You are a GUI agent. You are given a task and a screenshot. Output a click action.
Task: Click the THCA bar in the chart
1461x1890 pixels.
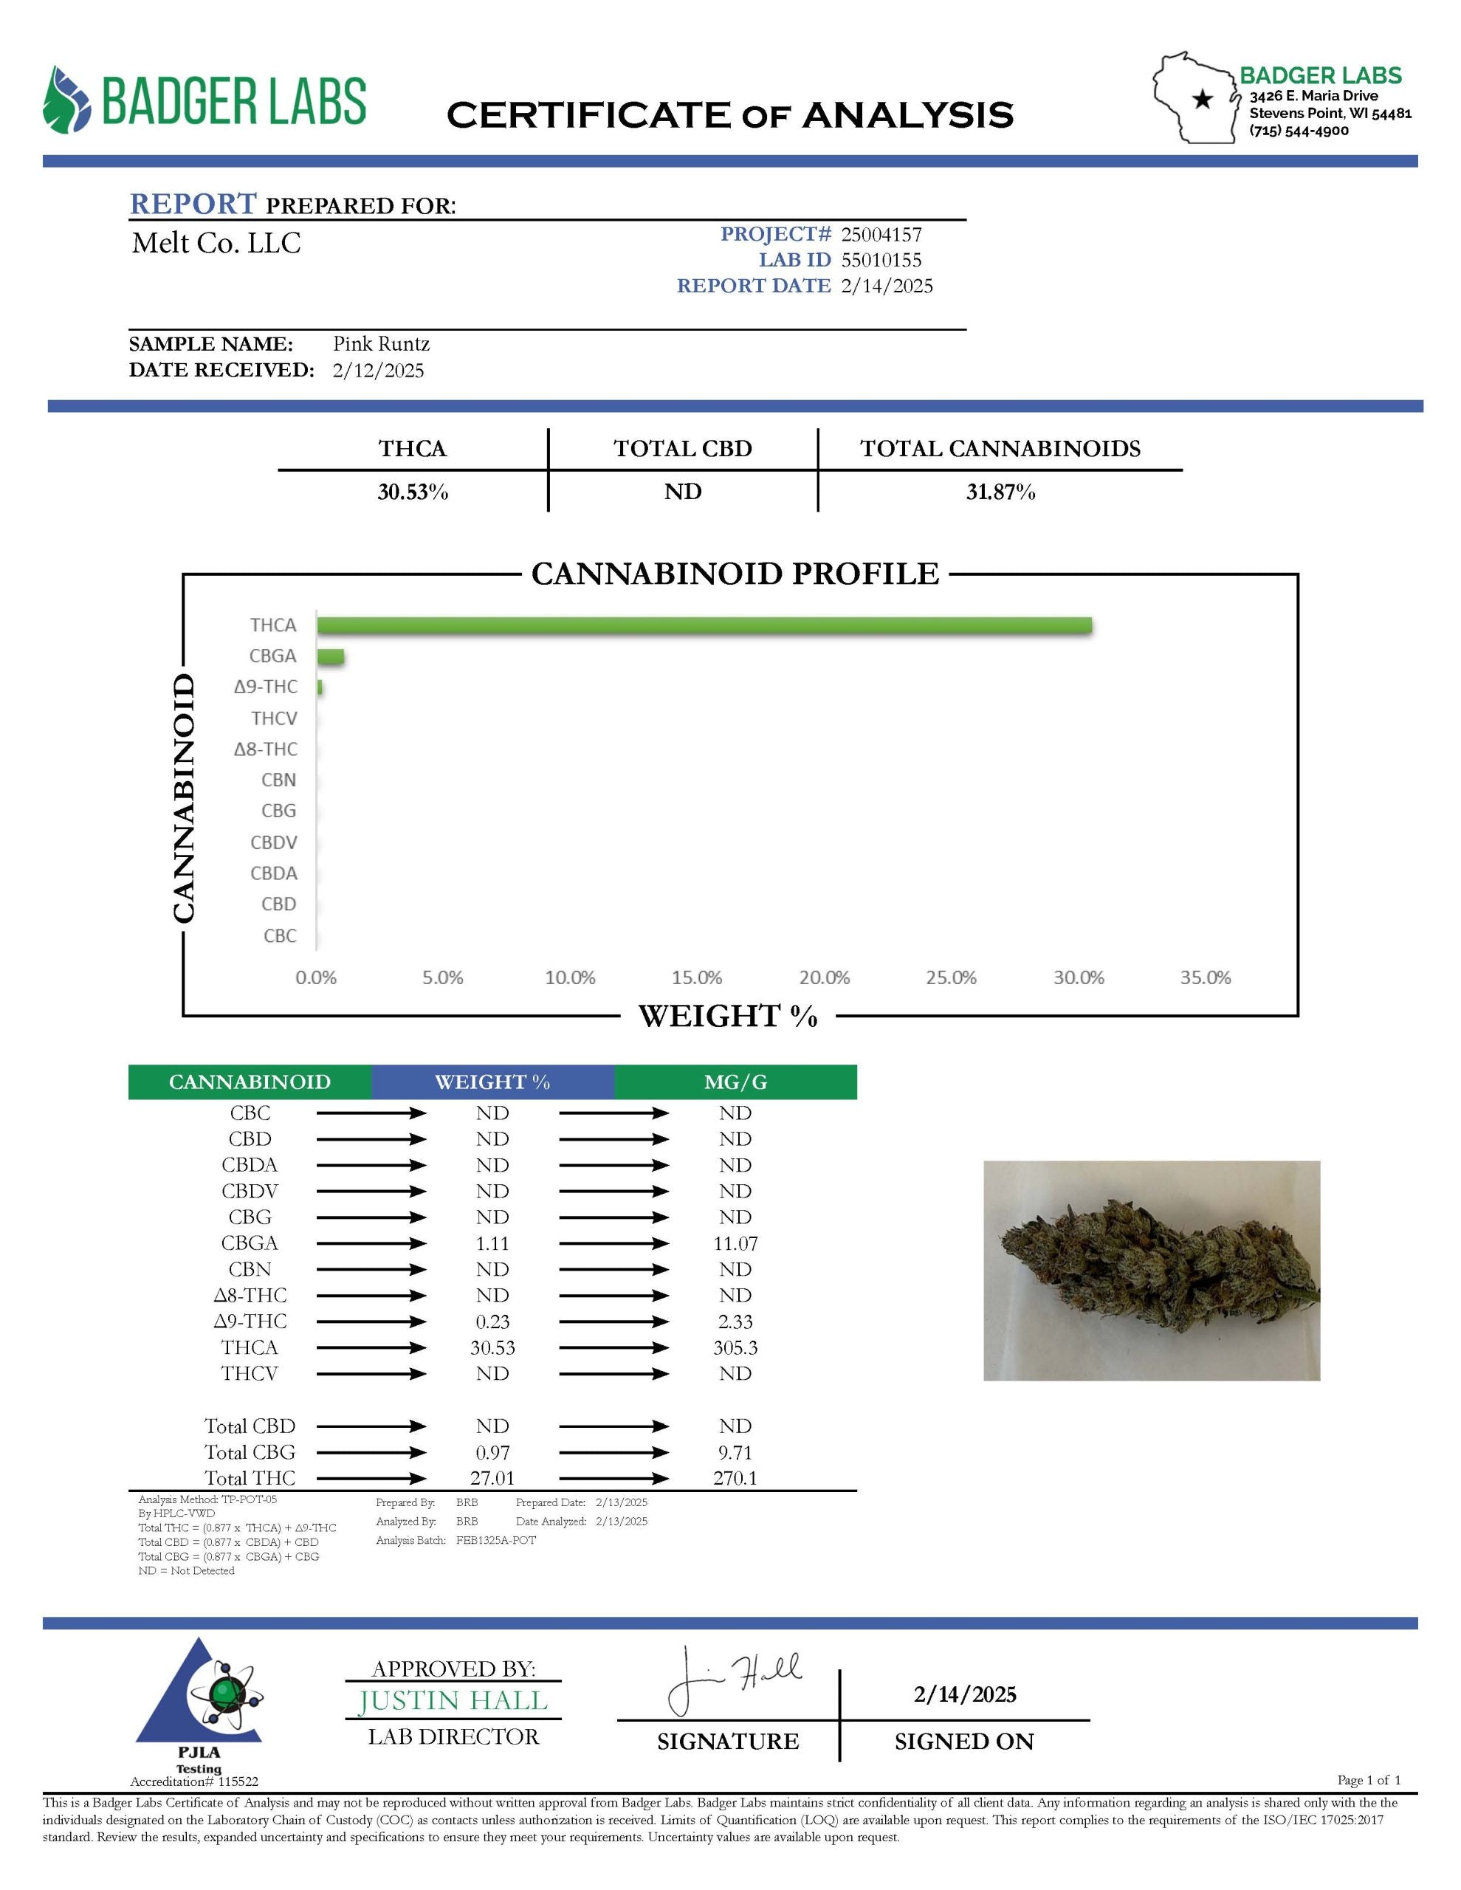(704, 625)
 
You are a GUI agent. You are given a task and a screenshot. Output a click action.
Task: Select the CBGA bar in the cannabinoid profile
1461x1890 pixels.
(331, 656)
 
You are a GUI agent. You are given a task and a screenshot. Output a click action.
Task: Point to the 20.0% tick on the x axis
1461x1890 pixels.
(824, 978)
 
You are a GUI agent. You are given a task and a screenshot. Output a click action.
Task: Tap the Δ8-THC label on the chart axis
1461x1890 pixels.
(266, 749)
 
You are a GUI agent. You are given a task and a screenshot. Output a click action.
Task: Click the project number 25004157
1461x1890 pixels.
(881, 235)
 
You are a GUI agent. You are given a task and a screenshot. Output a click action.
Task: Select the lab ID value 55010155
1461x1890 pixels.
(881, 261)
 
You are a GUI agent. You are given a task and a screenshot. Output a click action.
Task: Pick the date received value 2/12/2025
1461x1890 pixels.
(378, 371)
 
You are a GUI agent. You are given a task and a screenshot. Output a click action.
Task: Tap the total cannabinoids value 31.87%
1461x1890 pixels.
(1000, 492)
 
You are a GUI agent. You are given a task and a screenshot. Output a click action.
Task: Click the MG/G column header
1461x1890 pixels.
(736, 1082)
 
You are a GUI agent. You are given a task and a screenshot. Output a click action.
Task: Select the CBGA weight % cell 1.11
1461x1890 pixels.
(492, 1243)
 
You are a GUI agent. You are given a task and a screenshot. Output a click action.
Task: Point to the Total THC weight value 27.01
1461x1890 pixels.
(492, 1478)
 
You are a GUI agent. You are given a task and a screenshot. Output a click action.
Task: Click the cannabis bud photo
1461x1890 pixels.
(1151, 1271)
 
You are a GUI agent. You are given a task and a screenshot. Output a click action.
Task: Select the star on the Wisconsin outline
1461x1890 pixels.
(1202, 100)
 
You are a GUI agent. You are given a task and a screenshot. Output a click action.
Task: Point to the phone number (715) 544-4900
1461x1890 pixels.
(1299, 131)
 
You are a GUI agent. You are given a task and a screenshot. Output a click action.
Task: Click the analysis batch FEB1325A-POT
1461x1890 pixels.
(496, 1540)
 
